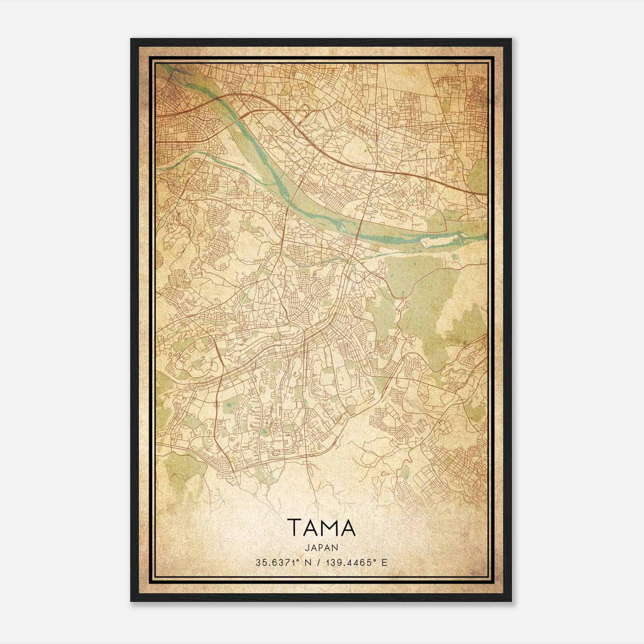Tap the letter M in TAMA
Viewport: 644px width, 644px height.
tap(328, 528)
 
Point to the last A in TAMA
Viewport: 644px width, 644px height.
tap(348, 528)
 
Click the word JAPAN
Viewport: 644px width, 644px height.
tap(321, 547)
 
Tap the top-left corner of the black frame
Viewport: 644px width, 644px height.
tap(131, 39)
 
